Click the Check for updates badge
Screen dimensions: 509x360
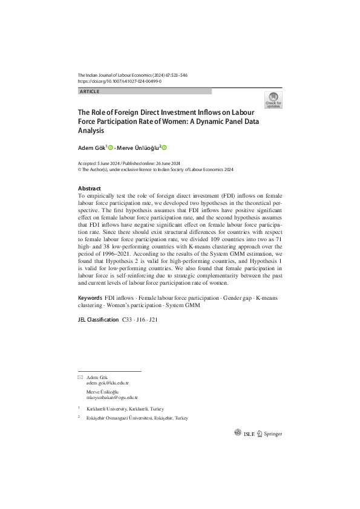[273, 100]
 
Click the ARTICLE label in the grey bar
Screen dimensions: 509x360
[89, 91]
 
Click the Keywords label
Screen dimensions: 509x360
[90, 299]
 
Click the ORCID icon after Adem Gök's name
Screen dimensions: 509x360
[111, 147]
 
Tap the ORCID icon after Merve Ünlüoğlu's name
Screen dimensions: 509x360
[163, 147]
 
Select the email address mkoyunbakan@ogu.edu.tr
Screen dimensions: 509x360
[112, 398]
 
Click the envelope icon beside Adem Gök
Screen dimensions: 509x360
[80, 377]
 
